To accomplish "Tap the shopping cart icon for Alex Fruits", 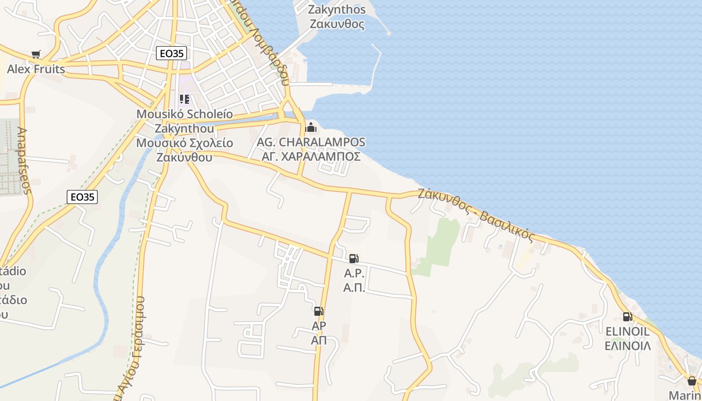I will (36, 54).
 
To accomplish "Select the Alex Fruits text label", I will (36, 69).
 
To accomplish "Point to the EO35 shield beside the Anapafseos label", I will (82, 197).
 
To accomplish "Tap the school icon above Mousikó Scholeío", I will (184, 99).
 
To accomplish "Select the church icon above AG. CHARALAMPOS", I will (311, 127).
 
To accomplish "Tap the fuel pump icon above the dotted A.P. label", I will (354, 259).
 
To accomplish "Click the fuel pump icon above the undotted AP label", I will (319, 311).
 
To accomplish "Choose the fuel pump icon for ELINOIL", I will (627, 316).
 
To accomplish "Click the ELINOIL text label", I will (627, 331).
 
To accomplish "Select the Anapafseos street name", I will (23, 160).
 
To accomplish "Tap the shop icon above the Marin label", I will (691, 381).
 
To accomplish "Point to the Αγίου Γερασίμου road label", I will (131, 346).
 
